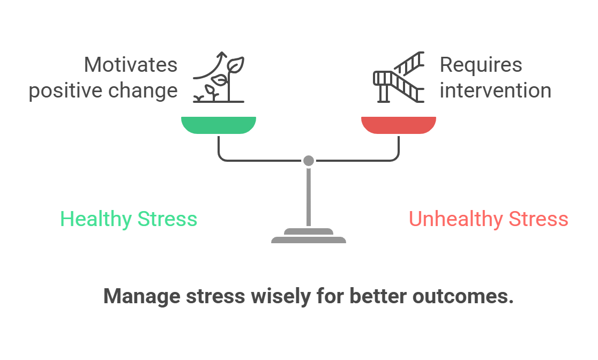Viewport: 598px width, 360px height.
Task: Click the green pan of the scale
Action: click(219, 125)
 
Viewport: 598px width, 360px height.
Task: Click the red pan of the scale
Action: click(399, 125)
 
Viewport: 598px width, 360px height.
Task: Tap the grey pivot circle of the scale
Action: click(309, 161)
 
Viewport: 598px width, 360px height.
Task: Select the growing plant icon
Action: click(219, 77)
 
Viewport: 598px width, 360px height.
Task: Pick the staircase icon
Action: click(399, 77)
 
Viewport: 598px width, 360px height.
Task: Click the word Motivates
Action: click(130, 64)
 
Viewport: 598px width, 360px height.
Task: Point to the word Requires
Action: click(481, 65)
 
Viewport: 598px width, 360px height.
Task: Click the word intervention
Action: click(496, 91)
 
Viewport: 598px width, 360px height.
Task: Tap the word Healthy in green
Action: click(96, 219)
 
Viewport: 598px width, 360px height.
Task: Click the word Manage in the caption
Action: click(142, 296)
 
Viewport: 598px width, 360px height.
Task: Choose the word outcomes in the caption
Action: click(463, 296)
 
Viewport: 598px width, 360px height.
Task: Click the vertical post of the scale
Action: click(309, 197)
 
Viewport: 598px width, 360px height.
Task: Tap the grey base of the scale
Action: click(309, 236)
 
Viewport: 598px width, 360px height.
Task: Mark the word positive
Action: click(65, 91)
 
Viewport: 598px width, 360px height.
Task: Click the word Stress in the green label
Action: click(167, 219)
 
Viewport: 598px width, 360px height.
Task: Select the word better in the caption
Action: click(378, 296)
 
